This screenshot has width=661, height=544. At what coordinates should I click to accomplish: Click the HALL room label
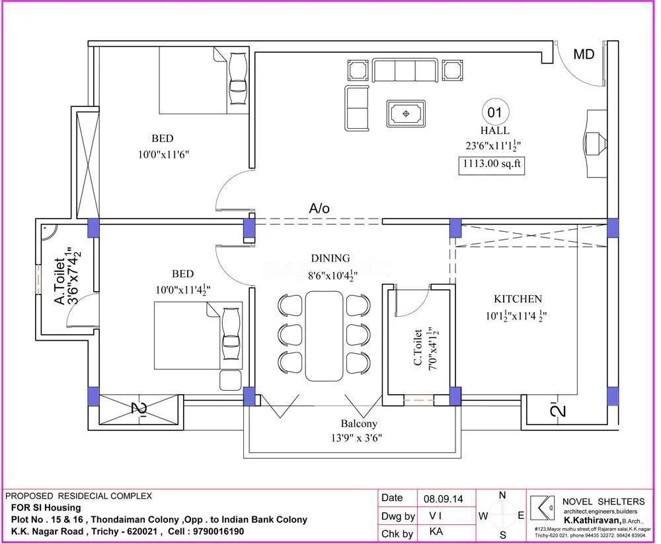(x=494, y=131)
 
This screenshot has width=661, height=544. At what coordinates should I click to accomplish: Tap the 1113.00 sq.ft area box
(x=492, y=165)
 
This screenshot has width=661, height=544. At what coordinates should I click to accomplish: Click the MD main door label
(x=583, y=54)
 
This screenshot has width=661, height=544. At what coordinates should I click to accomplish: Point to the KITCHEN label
(x=518, y=299)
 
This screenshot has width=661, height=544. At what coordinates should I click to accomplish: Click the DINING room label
(x=330, y=259)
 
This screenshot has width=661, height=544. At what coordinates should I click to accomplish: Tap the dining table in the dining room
(x=324, y=335)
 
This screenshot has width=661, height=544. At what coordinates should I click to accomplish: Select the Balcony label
(x=359, y=423)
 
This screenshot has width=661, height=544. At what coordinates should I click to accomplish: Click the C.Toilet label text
(x=418, y=347)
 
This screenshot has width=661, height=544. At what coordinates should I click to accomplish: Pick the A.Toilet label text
(x=59, y=282)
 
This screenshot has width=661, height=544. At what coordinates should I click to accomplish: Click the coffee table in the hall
(x=406, y=114)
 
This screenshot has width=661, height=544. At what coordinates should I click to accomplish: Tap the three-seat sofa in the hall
(x=405, y=70)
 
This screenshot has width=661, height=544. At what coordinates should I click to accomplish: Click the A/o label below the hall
(x=319, y=208)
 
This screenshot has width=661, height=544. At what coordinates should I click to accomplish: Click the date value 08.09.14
(x=443, y=498)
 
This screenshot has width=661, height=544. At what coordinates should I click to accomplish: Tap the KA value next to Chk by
(x=436, y=532)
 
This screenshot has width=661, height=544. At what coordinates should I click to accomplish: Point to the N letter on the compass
(x=502, y=495)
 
